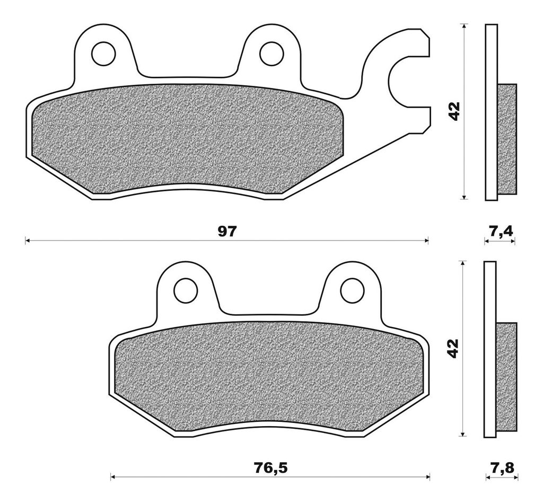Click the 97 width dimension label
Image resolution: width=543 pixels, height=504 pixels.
[226, 231]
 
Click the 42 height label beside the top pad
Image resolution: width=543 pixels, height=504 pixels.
[454, 111]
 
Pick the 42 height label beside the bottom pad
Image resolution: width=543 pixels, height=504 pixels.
[453, 348]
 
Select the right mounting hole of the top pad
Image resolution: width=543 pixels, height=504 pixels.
[271, 54]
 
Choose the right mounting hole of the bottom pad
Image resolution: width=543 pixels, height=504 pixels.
[353, 291]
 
